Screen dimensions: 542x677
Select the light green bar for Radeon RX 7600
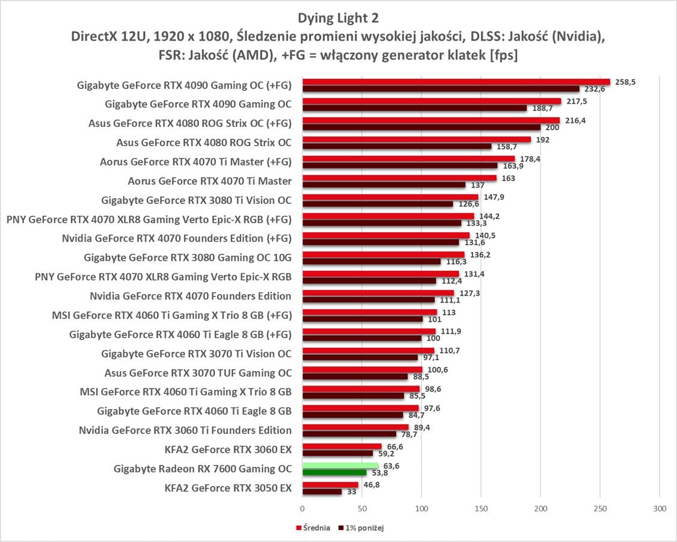340,465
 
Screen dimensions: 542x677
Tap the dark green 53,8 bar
334,472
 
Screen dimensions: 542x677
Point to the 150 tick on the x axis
481,508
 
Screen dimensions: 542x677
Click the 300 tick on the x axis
660,508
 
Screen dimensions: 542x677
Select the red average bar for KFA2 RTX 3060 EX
342,446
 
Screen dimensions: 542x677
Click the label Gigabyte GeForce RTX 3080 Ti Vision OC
197,200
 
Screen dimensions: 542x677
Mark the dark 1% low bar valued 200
421,127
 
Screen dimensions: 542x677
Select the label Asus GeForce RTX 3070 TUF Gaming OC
198,372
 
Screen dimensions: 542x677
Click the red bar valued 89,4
355,427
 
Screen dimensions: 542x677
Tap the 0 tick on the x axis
302,508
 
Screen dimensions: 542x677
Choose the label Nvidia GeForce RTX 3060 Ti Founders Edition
185,430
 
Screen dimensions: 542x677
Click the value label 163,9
509,165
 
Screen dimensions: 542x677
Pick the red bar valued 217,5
432,100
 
